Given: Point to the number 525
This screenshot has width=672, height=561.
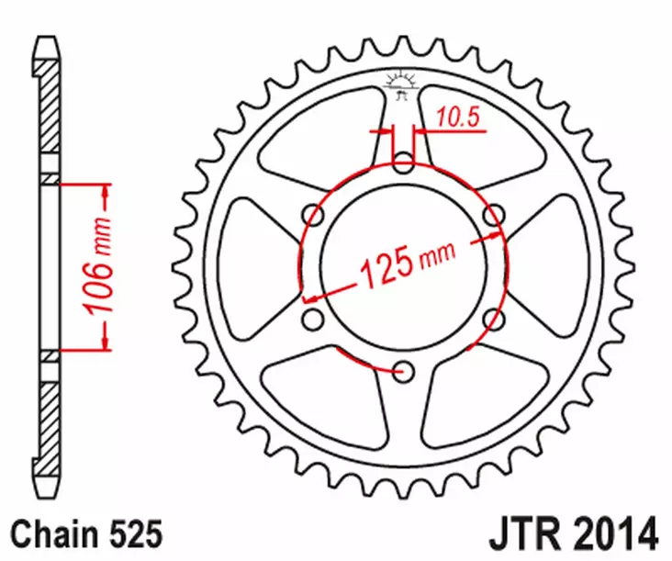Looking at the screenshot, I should tap(136, 533).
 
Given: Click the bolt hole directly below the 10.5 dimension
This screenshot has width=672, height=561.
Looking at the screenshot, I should tap(403, 164).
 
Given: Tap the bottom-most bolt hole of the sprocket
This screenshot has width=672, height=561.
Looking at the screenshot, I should tap(403, 372).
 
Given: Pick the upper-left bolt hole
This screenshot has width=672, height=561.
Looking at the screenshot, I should tap(313, 216).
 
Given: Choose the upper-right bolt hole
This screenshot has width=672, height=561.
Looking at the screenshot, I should tap(494, 216).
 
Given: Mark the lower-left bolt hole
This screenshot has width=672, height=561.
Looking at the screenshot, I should tap(313, 320).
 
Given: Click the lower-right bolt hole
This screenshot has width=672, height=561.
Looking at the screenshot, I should tap(494, 320).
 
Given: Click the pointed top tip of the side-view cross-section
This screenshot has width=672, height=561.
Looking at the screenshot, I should tap(46, 39).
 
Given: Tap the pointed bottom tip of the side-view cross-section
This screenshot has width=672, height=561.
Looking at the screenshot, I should tap(46, 496).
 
